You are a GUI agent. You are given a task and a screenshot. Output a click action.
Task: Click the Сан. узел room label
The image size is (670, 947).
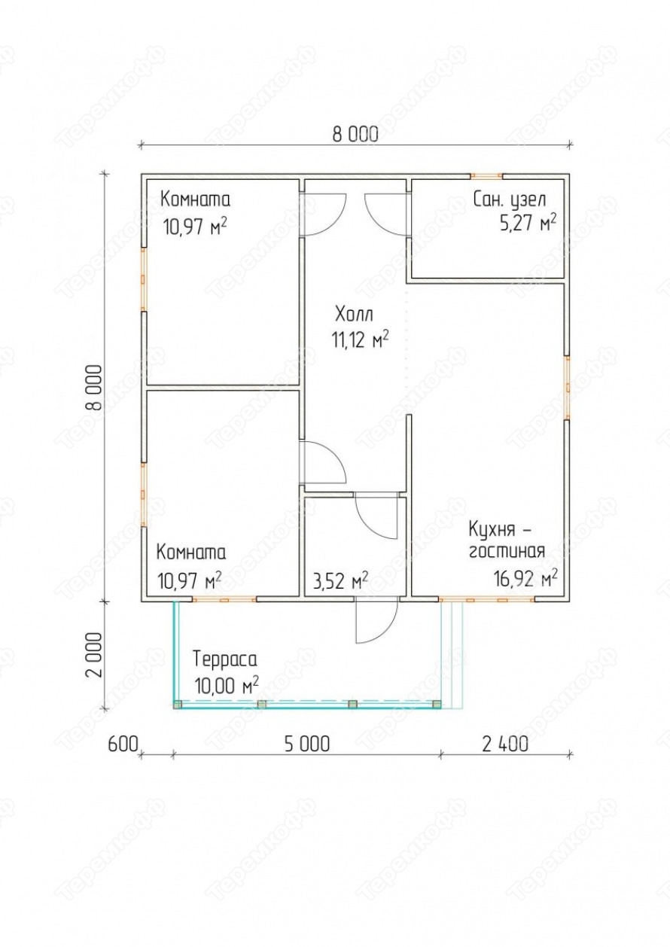[x=510, y=199]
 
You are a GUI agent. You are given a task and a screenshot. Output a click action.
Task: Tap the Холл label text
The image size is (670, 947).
[x=355, y=315]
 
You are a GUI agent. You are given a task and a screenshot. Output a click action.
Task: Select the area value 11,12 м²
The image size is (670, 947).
[x=360, y=339]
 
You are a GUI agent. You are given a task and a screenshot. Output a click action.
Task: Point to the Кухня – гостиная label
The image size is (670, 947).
[x=507, y=540]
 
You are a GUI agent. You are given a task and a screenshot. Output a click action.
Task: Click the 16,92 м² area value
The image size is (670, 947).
[x=525, y=578]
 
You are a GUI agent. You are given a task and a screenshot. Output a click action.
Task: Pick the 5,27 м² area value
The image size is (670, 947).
[x=528, y=222]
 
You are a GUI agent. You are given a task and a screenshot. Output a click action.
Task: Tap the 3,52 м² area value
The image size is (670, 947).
[x=340, y=580]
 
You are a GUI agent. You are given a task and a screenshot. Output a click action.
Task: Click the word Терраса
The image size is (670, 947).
[x=225, y=659]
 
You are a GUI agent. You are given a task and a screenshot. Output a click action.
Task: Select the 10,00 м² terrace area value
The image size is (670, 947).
[x=227, y=685]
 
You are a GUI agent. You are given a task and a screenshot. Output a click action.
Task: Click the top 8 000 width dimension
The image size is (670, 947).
[x=355, y=135]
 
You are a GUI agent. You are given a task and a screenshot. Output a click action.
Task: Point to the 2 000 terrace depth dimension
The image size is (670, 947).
[x=94, y=655]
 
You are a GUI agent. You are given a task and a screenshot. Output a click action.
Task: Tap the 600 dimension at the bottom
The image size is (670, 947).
[x=123, y=745]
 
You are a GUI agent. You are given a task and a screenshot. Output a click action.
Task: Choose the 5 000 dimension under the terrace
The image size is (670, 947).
[x=307, y=745]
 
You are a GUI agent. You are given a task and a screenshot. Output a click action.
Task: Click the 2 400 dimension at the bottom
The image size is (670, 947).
[x=505, y=745]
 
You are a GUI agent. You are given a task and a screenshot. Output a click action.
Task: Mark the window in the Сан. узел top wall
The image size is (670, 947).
[x=486, y=176]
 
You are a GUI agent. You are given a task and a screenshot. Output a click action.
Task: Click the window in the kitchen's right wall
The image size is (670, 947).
[x=567, y=387]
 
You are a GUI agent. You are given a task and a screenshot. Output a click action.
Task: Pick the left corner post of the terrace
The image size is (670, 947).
[x=178, y=704]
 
